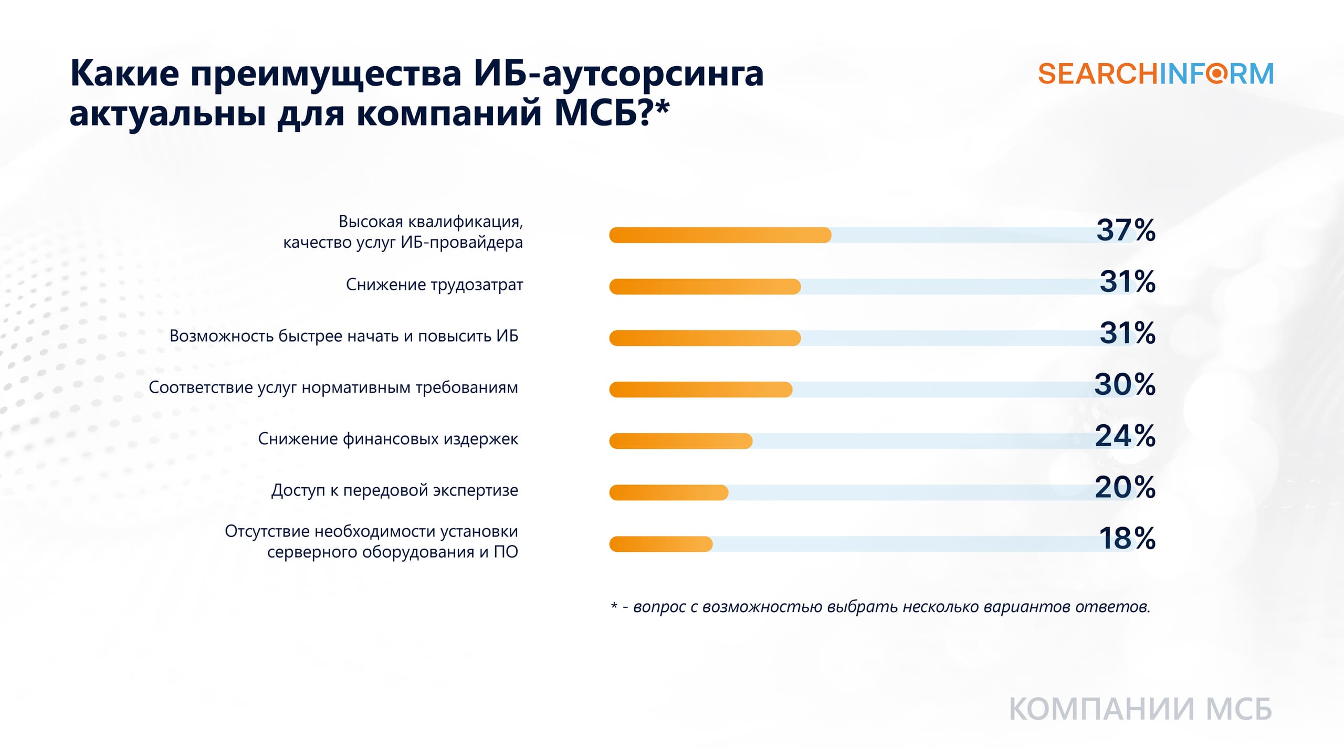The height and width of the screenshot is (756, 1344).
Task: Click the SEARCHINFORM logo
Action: (1156, 74)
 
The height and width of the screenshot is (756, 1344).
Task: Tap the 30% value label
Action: (1125, 384)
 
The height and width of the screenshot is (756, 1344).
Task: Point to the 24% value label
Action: (1125, 436)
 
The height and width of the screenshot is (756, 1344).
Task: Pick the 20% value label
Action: (1125, 487)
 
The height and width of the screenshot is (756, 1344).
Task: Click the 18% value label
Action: (1127, 539)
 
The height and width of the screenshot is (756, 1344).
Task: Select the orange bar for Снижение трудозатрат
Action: (705, 287)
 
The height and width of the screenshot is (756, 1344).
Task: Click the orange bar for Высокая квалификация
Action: (720, 235)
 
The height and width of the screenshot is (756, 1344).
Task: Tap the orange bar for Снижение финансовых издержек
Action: (680, 441)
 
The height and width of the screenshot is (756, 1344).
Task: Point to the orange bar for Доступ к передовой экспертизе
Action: (668, 492)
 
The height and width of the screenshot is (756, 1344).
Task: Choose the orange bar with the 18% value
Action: (660, 544)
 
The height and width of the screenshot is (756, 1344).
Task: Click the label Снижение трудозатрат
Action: (434, 285)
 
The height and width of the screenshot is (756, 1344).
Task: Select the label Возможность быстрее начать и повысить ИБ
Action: (344, 336)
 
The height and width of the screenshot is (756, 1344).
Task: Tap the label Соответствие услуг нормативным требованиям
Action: (333, 387)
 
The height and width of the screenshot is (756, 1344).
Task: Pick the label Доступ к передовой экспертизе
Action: (394, 490)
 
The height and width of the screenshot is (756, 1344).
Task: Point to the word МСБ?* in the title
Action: (612, 113)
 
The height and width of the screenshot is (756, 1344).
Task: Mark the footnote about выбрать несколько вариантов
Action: (880, 607)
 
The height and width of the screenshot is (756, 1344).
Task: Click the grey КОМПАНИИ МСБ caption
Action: (1140, 709)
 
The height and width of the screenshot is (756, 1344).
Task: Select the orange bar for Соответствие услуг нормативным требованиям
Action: (700, 390)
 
